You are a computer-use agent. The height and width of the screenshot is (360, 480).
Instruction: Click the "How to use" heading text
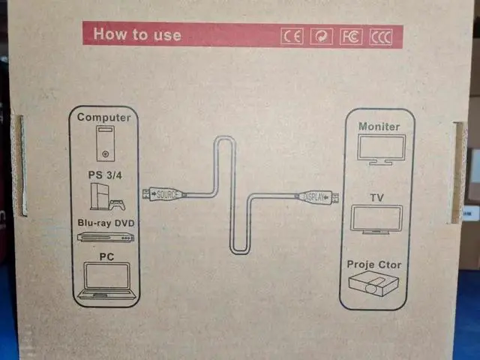click(x=137, y=34)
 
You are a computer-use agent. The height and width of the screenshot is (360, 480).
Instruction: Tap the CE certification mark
click(x=292, y=37)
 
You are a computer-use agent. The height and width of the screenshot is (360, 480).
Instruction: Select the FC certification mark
click(x=351, y=37)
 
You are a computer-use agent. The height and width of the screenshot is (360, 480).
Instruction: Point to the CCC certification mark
click(x=380, y=37)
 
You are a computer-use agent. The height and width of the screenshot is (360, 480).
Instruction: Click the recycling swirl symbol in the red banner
click(x=322, y=37)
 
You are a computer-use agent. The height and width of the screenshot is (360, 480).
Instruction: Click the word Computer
click(x=103, y=117)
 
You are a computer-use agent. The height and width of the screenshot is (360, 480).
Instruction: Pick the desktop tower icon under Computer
click(x=106, y=143)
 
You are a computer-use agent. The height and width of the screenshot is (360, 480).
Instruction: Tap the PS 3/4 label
click(x=105, y=175)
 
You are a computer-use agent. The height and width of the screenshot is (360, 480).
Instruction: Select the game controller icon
click(x=118, y=205)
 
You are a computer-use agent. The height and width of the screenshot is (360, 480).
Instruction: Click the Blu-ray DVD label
click(x=106, y=223)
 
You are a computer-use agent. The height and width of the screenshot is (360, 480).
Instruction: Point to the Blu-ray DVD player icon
click(x=106, y=237)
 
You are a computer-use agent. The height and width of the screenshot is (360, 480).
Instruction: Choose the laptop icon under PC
click(x=106, y=280)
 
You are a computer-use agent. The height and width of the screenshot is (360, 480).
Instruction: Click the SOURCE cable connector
click(x=164, y=194)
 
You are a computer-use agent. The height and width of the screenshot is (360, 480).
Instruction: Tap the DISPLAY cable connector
click(x=317, y=197)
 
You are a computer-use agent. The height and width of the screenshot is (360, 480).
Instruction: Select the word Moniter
click(x=379, y=127)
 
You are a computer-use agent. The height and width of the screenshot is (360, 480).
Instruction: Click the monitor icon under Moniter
click(x=381, y=150)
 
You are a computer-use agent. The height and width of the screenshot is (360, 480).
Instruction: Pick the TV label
click(x=376, y=198)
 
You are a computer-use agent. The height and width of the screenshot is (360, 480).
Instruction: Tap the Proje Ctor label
click(x=373, y=265)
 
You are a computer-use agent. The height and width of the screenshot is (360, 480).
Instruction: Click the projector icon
click(x=373, y=285)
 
